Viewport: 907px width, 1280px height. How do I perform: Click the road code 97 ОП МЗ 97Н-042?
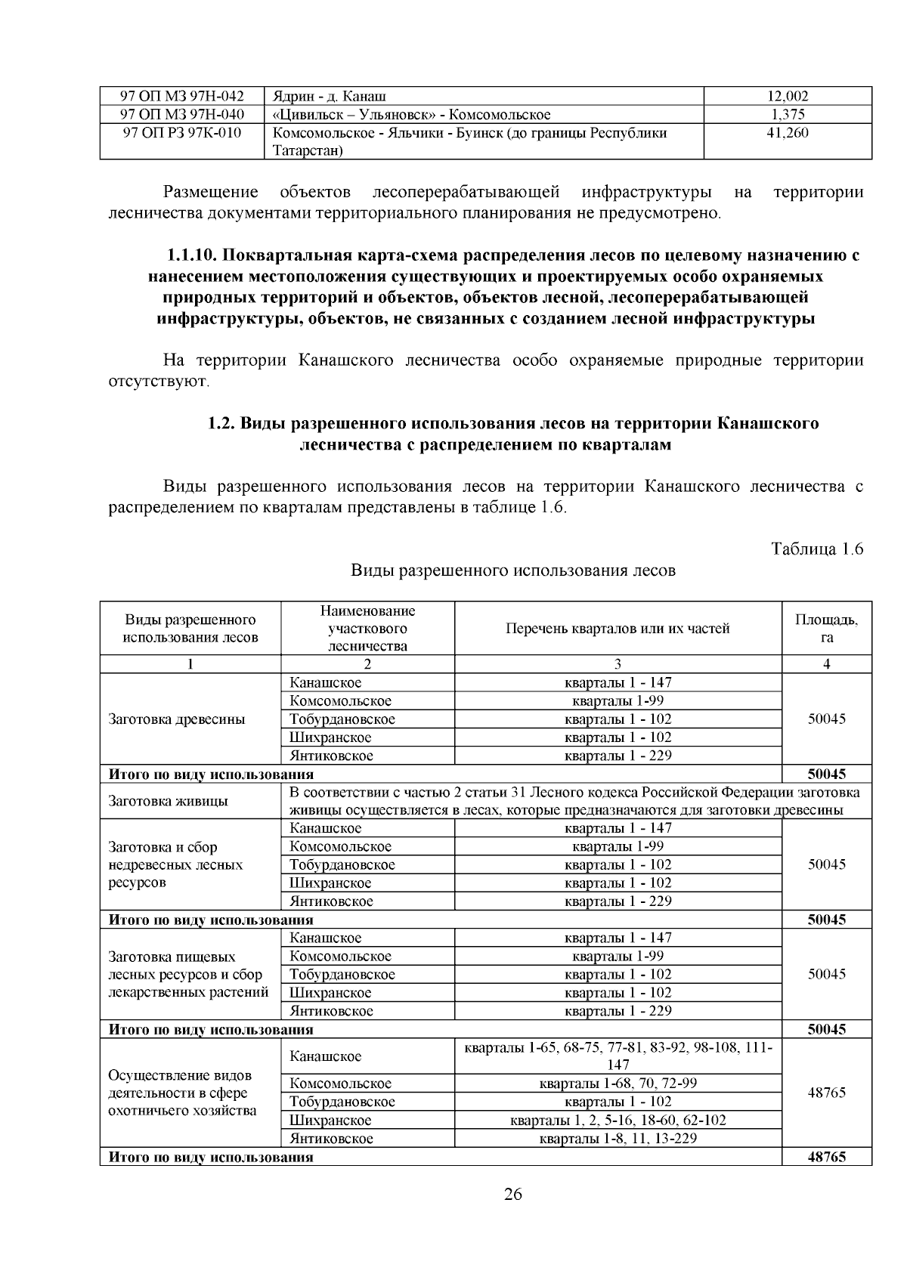point(182,96)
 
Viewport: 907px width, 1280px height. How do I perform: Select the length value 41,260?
point(788,133)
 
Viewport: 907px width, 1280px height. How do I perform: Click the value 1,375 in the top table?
point(788,115)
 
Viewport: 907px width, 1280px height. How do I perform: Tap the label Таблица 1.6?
point(816,549)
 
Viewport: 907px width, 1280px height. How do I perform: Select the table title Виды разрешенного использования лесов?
point(512,570)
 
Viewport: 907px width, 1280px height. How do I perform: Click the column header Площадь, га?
point(826,629)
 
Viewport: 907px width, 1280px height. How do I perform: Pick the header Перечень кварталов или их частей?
point(618,629)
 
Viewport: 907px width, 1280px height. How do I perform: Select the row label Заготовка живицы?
point(169,801)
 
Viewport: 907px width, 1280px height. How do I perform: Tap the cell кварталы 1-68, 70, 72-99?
point(618,1084)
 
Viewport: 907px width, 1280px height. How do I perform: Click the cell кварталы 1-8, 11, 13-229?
point(618,1139)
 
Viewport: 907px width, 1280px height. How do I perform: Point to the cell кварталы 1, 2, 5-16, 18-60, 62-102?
point(618,1121)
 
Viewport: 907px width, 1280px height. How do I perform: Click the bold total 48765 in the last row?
point(826,1157)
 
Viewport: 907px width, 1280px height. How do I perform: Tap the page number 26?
point(512,1195)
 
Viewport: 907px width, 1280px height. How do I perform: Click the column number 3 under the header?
point(618,664)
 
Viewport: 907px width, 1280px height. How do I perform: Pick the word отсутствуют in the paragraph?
point(158,381)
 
